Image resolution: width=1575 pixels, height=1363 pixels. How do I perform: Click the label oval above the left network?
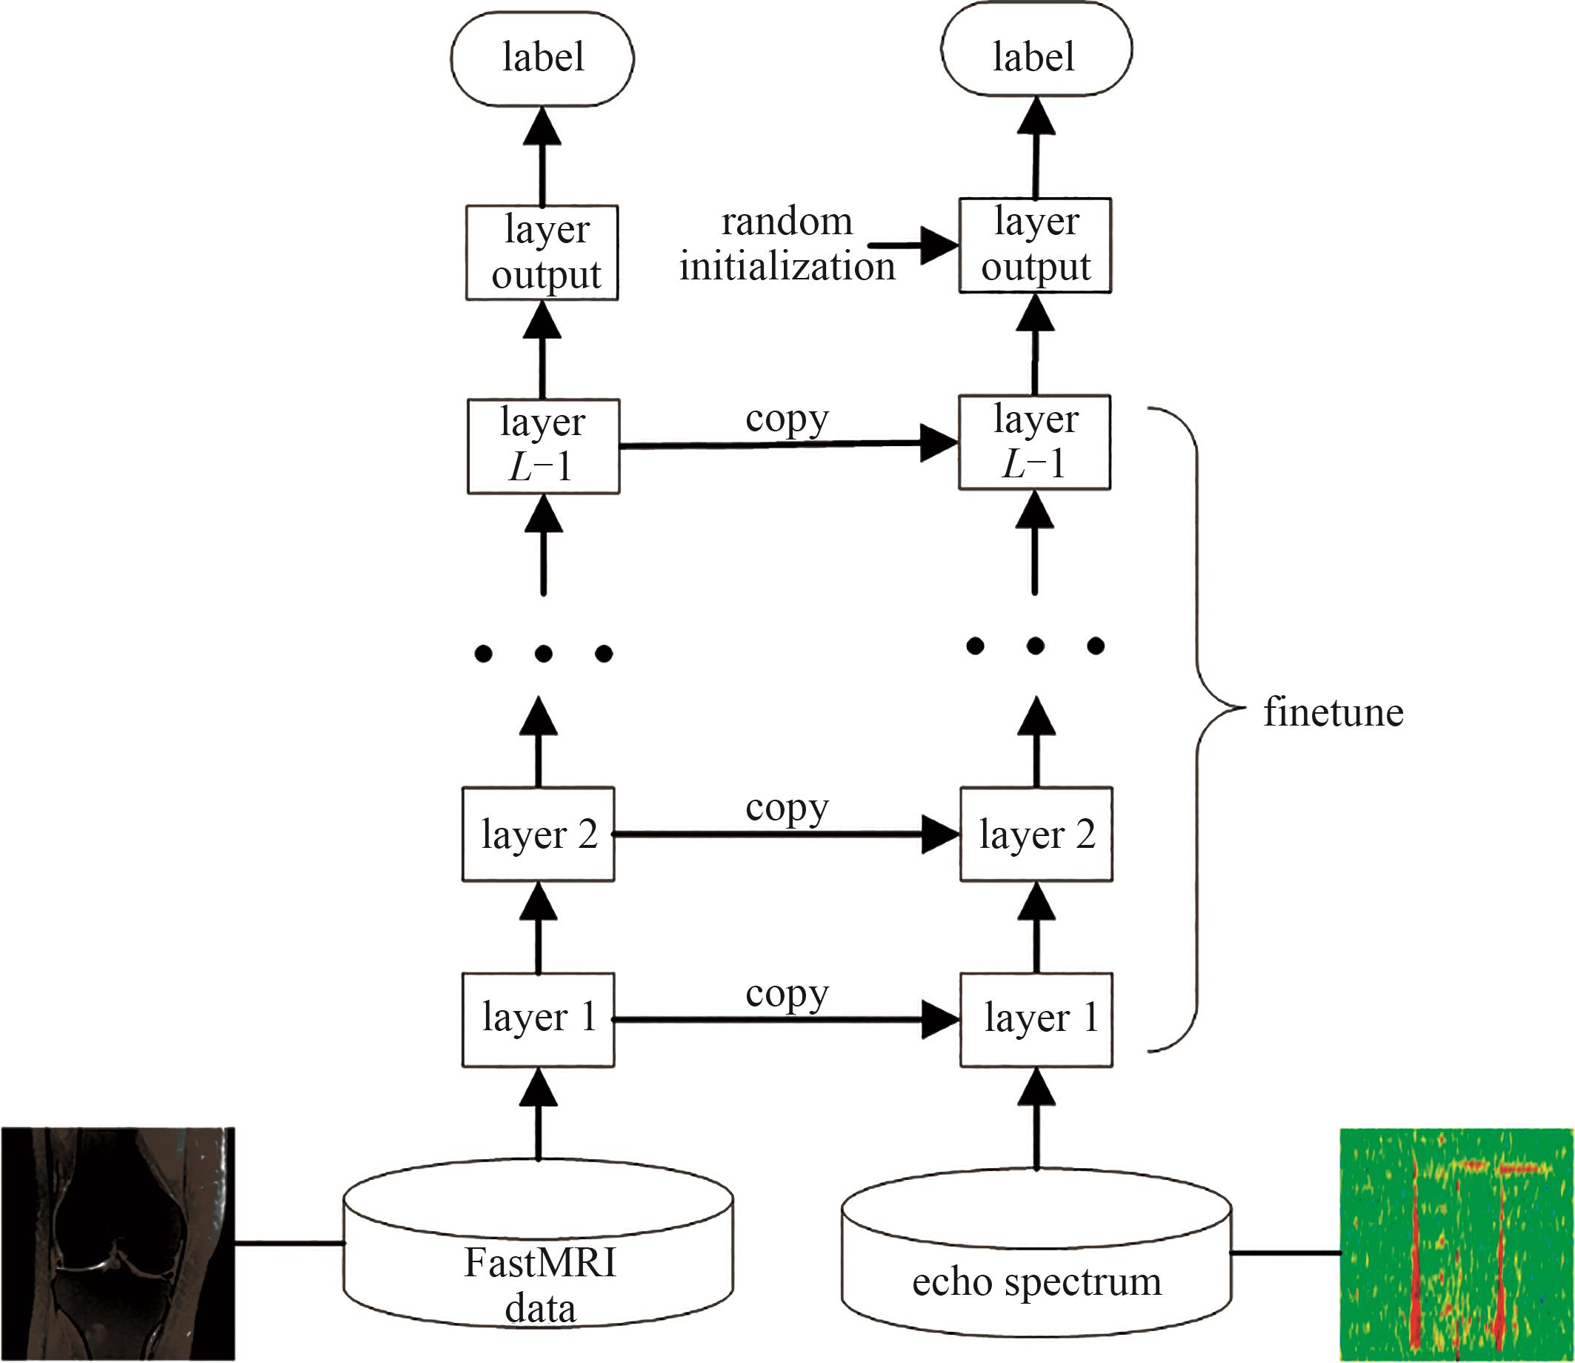542,58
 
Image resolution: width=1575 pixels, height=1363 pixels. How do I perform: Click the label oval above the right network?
1036,48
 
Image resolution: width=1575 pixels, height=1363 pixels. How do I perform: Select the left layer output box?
542,253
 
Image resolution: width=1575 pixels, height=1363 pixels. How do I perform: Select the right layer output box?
1035,245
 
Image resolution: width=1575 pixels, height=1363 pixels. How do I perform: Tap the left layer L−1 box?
544,446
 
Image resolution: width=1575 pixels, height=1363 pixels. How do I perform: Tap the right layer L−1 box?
1035,442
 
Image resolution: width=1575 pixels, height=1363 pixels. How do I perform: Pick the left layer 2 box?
538,835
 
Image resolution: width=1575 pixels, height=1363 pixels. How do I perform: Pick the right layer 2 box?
1037,835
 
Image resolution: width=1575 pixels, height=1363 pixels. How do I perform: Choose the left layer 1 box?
538,1020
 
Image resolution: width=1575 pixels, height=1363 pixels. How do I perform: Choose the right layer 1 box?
1037,1020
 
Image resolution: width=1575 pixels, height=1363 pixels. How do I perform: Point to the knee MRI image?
118,1244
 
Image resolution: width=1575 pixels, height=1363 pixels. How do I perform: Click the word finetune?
1333,713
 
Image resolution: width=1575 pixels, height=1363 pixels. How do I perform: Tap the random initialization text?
787,245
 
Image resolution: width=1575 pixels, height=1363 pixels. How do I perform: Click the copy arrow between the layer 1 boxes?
787,1020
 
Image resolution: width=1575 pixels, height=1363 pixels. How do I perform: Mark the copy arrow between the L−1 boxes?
789,444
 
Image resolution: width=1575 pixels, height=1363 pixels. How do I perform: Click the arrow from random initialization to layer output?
913,245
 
